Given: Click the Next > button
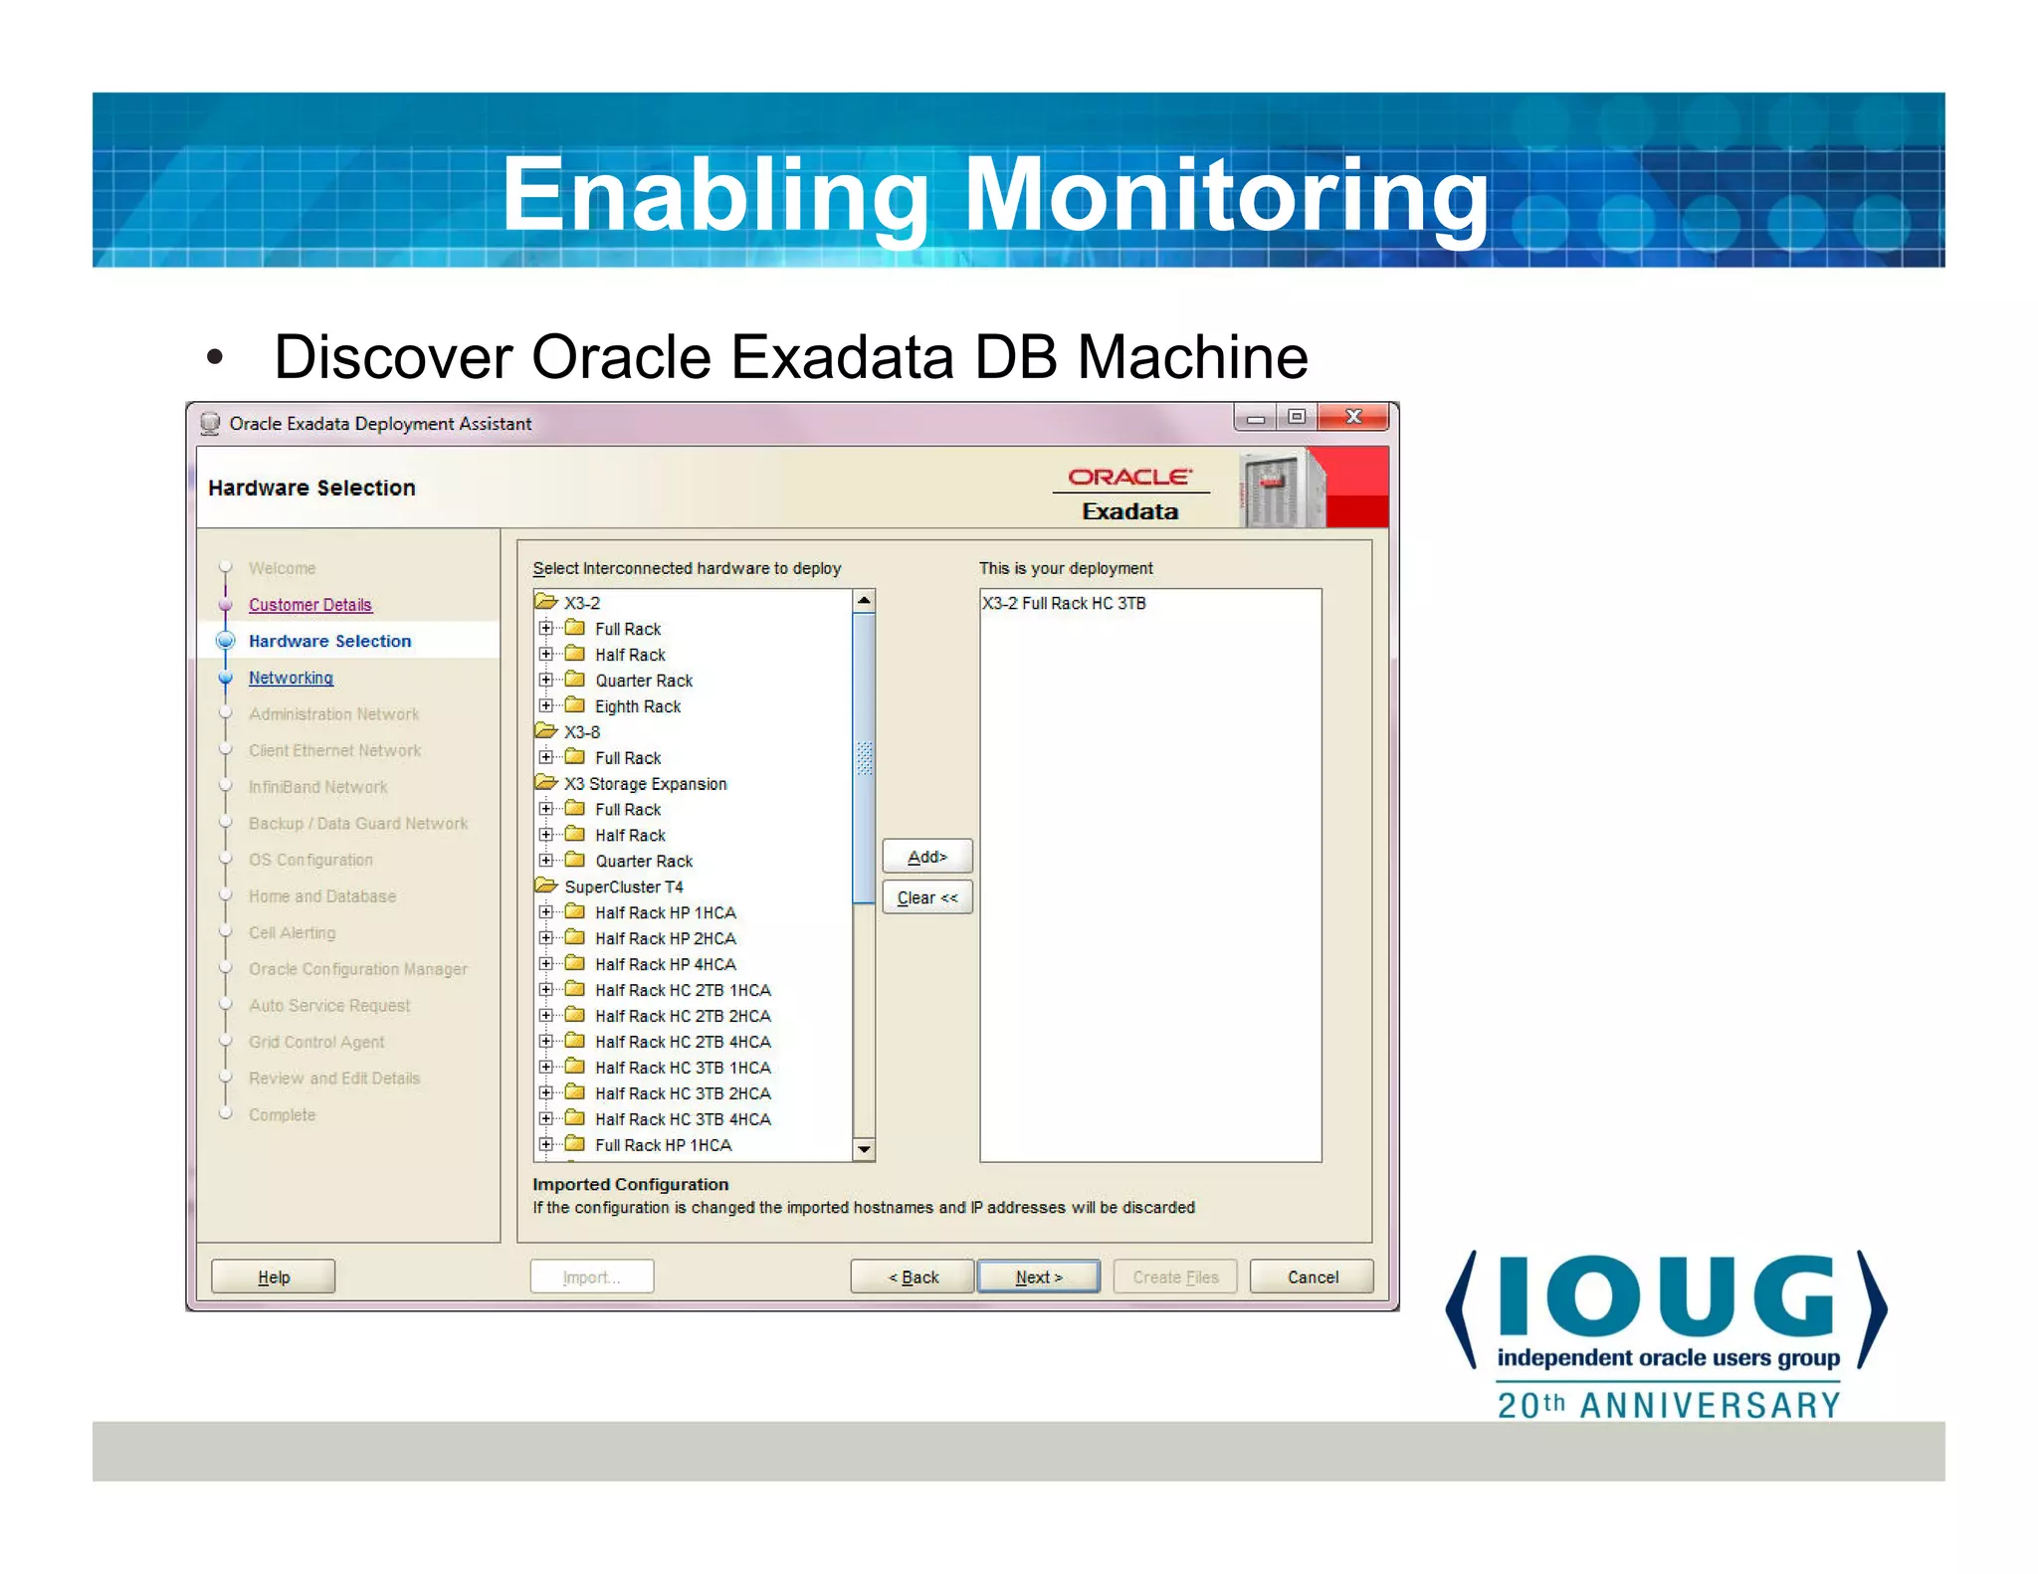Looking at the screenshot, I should pyautogui.click(x=1038, y=1277).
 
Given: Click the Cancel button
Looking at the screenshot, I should pyautogui.click(x=1312, y=1277).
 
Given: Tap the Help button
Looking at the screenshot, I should pyautogui.click(x=274, y=1277).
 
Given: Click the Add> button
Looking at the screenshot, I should pyautogui.click(x=926, y=857).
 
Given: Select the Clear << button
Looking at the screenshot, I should pyautogui.click(x=926, y=897).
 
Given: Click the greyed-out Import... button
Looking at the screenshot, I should pyautogui.click(x=591, y=1277).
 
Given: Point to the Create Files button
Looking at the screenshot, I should pyautogui.click(x=1174, y=1277).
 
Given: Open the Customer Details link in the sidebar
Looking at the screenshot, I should pyautogui.click(x=309, y=605).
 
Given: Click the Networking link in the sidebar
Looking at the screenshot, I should pyautogui.click(x=291, y=678).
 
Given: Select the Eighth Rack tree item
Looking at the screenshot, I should pyautogui.click(x=637, y=706).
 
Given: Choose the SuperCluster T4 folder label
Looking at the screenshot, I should pyautogui.click(x=623, y=886).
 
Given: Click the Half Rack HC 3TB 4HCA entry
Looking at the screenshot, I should pyautogui.click(x=683, y=1119).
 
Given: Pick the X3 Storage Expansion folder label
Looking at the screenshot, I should pyautogui.click(x=645, y=784).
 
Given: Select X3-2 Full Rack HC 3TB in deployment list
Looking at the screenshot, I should pyautogui.click(x=1064, y=603).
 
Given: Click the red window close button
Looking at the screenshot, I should pyautogui.click(x=1352, y=417).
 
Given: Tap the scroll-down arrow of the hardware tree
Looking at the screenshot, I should pyautogui.click(x=864, y=1149).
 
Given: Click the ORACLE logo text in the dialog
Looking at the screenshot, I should pyautogui.click(x=1129, y=478).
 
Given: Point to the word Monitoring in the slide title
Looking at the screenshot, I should pyautogui.click(x=1226, y=195).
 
